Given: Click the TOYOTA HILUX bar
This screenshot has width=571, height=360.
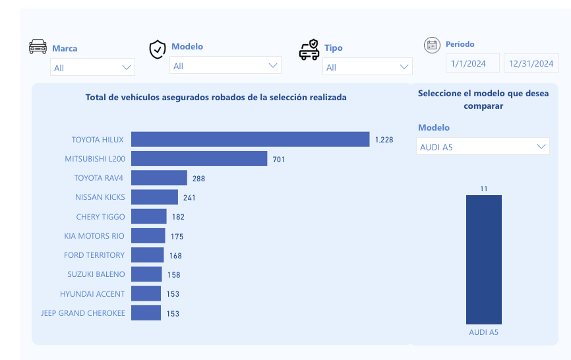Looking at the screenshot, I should coord(250,139).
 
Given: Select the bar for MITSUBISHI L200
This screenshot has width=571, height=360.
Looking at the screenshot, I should coord(199,159).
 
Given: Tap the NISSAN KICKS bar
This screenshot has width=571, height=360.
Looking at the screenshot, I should coord(154,197).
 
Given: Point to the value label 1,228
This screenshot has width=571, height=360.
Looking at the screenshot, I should coord(384,140).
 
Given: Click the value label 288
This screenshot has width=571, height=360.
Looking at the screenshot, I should coord(199,179).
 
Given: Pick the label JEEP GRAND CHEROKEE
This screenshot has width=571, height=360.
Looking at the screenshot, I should coord(83,313).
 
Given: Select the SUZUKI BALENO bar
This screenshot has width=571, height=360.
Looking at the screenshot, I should coord(146,274).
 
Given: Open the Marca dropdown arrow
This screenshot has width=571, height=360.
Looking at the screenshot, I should coord(127,67).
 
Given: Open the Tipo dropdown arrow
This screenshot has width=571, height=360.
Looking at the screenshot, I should coord(404,67).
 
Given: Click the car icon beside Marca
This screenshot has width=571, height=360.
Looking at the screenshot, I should coord(38,47).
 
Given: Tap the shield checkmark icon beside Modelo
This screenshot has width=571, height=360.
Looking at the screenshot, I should coord(158,49).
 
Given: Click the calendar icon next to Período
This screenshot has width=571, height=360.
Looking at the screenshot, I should coord(432,45).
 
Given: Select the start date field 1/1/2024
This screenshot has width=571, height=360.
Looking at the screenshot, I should coord(472,64).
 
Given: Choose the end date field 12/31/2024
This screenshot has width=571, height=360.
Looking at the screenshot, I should coord(531,64).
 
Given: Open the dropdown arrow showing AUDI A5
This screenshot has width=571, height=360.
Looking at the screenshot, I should coord(541,146).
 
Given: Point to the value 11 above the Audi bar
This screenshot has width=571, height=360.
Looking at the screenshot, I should coord(484,189).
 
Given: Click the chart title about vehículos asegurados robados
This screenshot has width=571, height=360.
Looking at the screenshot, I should coord(216,97).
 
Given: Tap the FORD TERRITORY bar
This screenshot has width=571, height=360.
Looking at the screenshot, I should coord(147,255).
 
